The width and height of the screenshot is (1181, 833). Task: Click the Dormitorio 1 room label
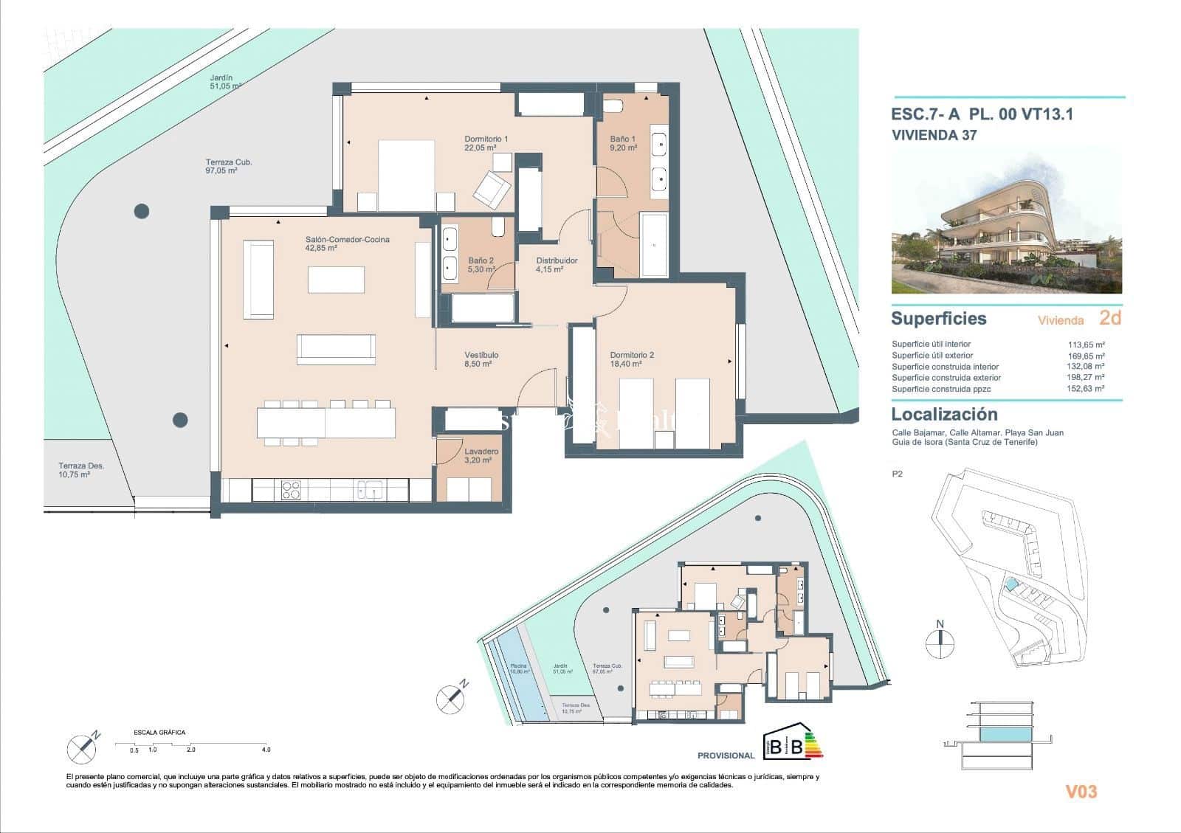[x=486, y=143]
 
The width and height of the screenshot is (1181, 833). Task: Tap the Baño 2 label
[x=481, y=265]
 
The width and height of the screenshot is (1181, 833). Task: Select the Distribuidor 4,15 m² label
[x=557, y=265]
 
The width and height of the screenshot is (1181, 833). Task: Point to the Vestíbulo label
[x=481, y=359]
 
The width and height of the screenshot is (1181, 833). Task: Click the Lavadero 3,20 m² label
[x=481, y=455]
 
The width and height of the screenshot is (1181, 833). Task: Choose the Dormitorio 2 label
[x=632, y=359]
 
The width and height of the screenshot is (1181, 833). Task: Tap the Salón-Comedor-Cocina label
[x=347, y=243]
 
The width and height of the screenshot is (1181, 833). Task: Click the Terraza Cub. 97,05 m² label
[x=228, y=166]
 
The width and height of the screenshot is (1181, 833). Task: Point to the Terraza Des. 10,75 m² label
[x=81, y=470]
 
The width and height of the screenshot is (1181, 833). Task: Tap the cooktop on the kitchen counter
[x=291, y=490]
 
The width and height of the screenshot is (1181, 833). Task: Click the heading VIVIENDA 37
[x=934, y=135]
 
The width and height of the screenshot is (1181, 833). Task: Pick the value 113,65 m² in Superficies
[x=1086, y=345]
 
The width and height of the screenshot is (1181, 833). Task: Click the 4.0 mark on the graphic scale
[x=266, y=750]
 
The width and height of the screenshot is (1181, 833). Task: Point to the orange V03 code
[x=1081, y=792]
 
